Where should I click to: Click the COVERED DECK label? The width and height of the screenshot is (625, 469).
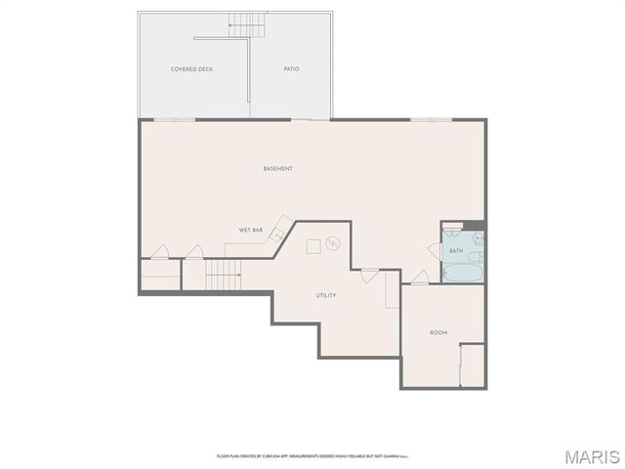[191, 69]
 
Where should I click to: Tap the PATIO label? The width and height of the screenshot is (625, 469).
[291, 69]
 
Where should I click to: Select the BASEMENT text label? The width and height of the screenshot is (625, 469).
[277, 169]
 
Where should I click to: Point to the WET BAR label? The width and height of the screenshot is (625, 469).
[251, 231]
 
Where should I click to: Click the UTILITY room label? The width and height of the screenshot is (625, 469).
[326, 295]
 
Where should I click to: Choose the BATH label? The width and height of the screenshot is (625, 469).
[456, 251]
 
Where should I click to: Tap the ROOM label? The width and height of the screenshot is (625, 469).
[438, 333]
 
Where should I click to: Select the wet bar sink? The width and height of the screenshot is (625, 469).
[278, 233]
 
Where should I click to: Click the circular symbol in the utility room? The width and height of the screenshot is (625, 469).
[333, 243]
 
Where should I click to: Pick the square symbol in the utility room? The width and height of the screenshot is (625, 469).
[312, 246]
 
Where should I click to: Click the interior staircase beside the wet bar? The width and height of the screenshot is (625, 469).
[222, 275]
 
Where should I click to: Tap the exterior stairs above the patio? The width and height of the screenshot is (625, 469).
[247, 25]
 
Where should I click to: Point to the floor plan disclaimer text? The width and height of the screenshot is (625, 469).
[312, 456]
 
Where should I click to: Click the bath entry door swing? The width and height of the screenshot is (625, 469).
[434, 250]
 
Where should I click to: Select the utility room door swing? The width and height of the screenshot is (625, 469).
[369, 276]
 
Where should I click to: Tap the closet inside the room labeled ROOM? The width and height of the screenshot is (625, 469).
[472, 365]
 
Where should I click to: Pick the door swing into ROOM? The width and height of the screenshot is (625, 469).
[418, 277]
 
